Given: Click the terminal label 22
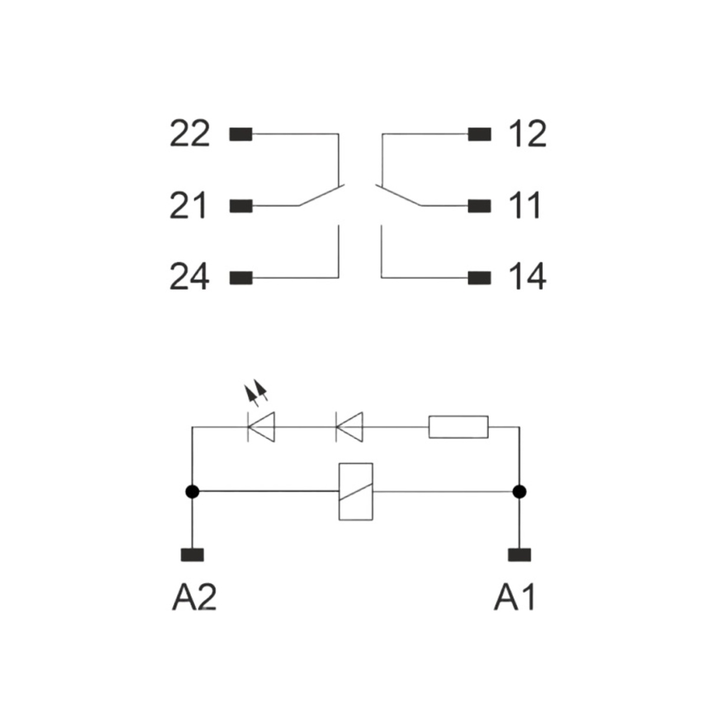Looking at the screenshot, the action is coord(189,133).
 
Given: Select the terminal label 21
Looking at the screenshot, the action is coord(188,205).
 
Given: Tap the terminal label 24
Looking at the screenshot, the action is coord(189,277).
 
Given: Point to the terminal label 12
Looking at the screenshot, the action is coord(528,133).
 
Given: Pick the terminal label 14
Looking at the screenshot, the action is coord(528,277).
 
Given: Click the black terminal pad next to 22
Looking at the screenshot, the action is coord(241,134).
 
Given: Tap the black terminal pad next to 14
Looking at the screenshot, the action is coord(480,278).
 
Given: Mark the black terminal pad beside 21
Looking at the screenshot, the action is coord(241,206).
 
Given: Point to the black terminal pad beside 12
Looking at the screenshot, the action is coord(480,134).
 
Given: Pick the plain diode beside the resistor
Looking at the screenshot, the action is coord(349,427).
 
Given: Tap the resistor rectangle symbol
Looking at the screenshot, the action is coord(458,427).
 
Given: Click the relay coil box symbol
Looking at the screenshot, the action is coord(356,491).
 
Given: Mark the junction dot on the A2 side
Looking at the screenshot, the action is coord(192,491).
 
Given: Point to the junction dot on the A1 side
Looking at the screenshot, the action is coord(520,491).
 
